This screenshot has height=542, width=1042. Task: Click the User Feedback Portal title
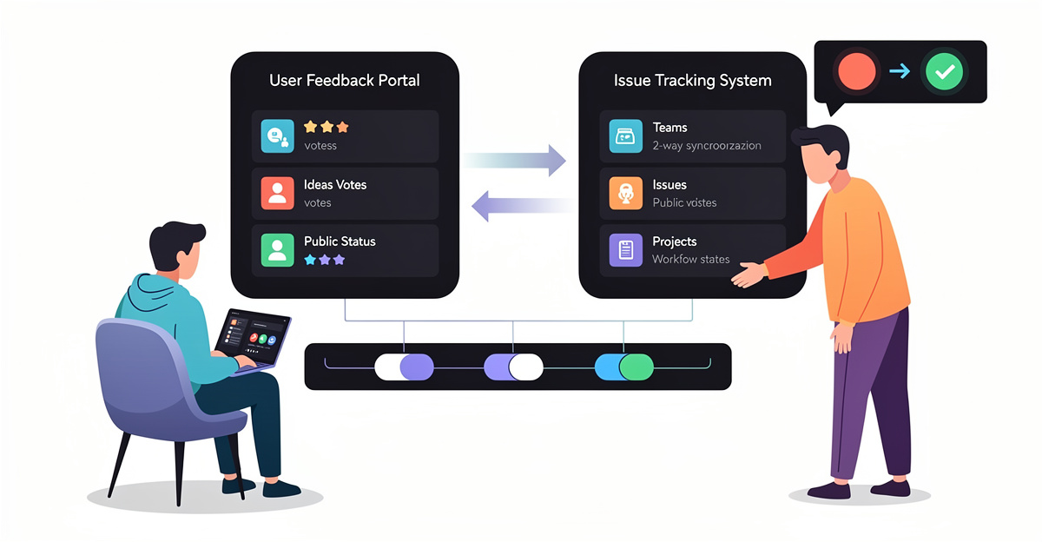[x=345, y=81]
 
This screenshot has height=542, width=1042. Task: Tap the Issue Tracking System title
[x=692, y=81]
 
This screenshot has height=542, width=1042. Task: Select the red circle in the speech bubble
[x=857, y=71]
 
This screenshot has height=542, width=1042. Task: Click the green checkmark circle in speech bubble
[x=943, y=71]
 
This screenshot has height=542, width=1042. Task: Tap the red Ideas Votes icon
[x=277, y=193]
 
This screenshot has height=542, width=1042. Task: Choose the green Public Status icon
[x=277, y=249]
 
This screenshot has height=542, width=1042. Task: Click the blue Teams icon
[x=625, y=135]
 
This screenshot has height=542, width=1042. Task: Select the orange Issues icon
[x=625, y=193]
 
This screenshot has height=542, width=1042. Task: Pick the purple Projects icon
[x=625, y=249]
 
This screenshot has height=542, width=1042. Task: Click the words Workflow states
[x=691, y=259]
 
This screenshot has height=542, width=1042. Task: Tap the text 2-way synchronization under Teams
[x=706, y=145]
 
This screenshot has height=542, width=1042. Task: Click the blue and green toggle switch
[x=624, y=367]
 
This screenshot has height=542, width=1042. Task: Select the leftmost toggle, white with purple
[x=404, y=367]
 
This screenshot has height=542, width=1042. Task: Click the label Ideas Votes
[x=335, y=184]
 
